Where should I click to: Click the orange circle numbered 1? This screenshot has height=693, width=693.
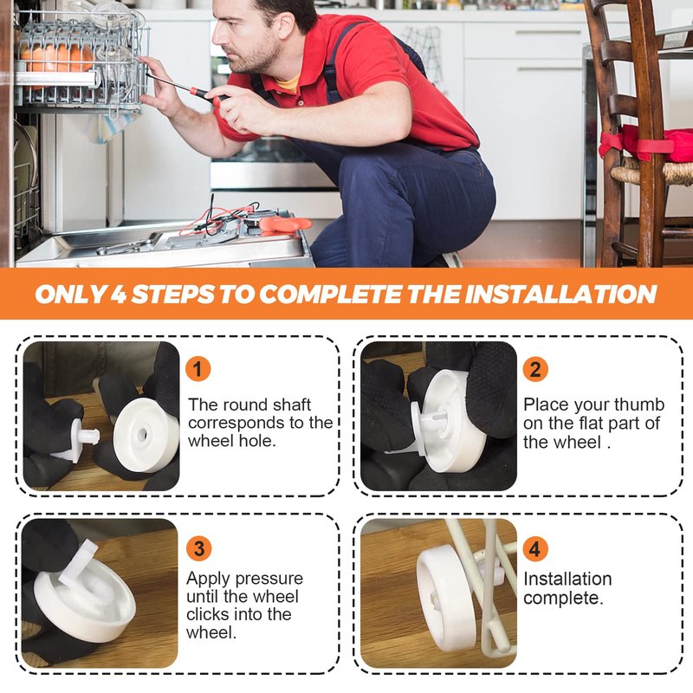pos(198,369)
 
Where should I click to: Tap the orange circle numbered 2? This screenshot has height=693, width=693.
pos(535,369)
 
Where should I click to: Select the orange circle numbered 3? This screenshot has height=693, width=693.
pos(199,548)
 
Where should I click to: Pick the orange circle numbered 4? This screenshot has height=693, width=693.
pos(535,548)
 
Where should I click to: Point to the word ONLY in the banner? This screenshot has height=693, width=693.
pos(71,295)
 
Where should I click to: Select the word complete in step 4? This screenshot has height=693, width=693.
pos(563,598)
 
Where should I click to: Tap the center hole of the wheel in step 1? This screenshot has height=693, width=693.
pos(142,434)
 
